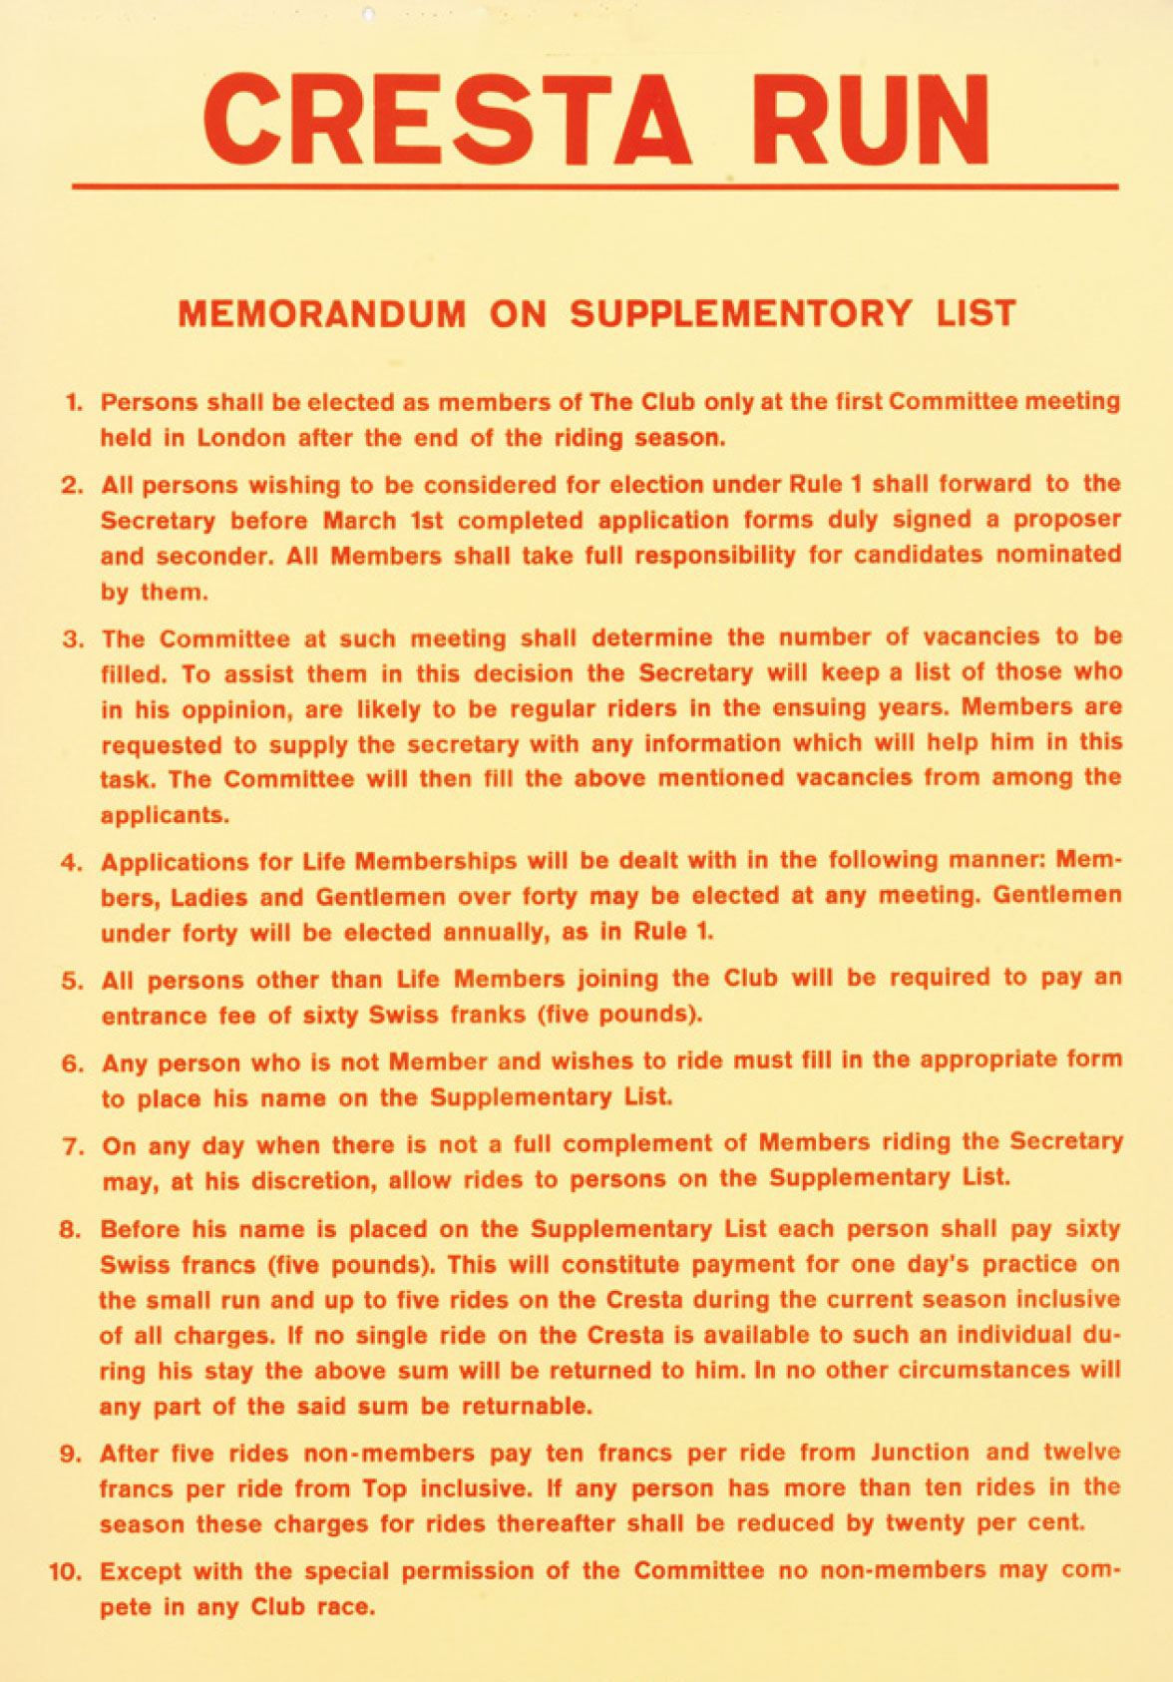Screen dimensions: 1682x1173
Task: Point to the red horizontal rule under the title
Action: click(x=594, y=187)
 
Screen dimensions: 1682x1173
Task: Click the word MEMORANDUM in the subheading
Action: click(x=322, y=314)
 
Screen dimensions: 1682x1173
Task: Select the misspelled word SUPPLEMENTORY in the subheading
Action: click(x=741, y=314)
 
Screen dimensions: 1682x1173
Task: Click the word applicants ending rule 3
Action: click(x=165, y=815)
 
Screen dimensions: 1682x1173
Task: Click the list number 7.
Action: click(x=74, y=1145)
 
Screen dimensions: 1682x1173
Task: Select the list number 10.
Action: click(x=66, y=1572)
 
